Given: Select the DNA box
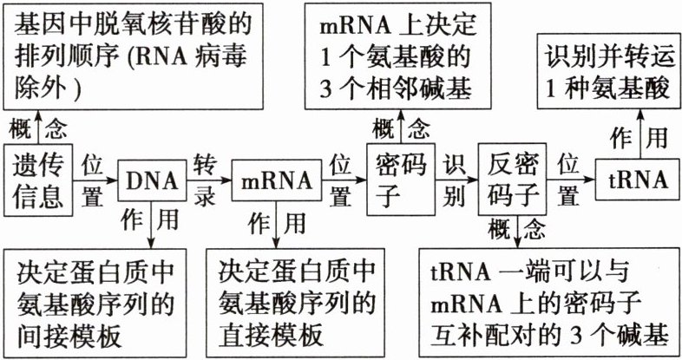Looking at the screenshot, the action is (x=151, y=181).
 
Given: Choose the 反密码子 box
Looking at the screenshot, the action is (x=515, y=180).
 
